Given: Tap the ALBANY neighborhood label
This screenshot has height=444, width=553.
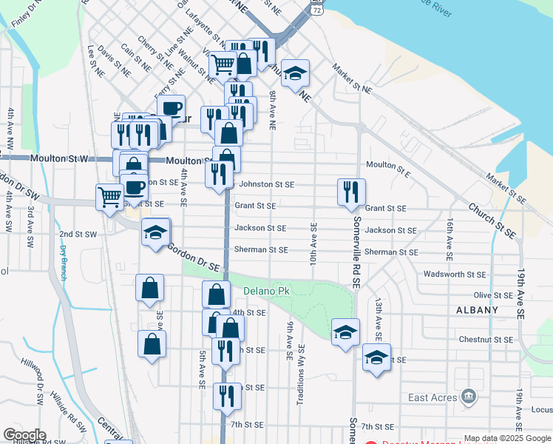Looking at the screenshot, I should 478,309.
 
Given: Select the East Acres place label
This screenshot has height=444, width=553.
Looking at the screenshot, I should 432,397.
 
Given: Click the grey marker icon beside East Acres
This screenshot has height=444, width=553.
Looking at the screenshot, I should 467,397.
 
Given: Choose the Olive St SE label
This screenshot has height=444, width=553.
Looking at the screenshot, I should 492,295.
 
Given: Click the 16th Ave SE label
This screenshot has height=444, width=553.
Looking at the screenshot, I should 449,239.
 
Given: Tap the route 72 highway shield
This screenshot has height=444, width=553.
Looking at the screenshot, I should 316,7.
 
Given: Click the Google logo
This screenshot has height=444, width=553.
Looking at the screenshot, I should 24,434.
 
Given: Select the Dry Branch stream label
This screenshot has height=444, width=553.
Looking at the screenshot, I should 64,263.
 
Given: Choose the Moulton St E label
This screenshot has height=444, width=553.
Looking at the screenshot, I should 387,165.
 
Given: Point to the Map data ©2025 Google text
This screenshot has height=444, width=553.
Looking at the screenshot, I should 507,438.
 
